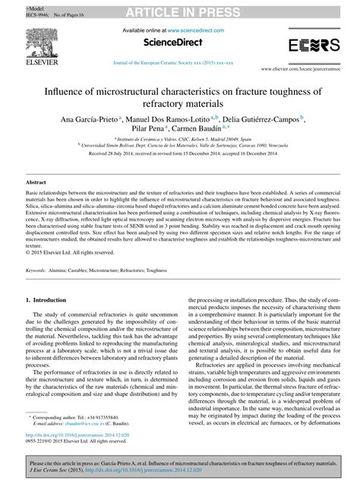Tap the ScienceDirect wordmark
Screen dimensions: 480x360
(x=181, y=43)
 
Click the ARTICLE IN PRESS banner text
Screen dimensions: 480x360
(x=180, y=8)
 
